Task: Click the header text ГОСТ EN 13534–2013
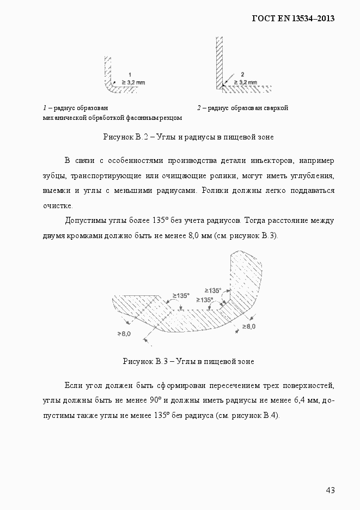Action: [293, 19]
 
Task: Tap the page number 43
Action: [330, 490]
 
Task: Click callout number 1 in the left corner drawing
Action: [130, 74]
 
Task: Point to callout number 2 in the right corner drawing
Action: [242, 74]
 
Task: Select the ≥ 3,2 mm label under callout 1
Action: [133, 81]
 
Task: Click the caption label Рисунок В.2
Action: [126, 137]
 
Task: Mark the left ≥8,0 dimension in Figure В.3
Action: [124, 333]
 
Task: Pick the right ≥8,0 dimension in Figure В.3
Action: [248, 326]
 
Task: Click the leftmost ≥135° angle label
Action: [181, 295]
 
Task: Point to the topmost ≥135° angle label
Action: [212, 290]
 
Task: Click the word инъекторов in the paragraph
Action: [271, 161]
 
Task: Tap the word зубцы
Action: [55, 177]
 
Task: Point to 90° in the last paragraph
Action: [154, 400]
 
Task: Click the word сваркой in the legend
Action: [276, 108]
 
